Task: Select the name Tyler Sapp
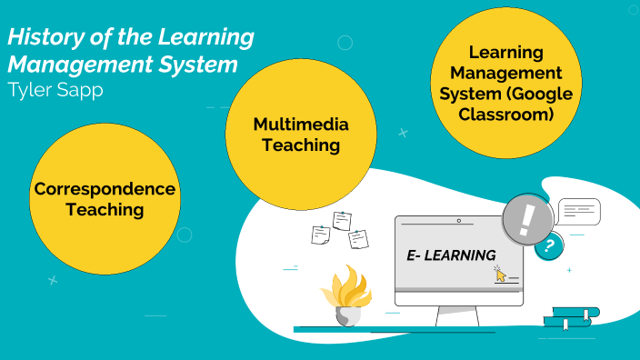tap(54, 90)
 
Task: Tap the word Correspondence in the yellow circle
tap(104, 189)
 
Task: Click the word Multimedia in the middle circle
tap(287, 125)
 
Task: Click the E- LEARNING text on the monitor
tap(451, 255)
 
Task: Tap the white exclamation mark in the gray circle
tap(527, 219)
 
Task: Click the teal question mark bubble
tap(547, 245)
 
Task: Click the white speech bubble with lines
tap(579, 212)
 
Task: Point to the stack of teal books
tap(571, 317)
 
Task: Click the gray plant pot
tap(347, 315)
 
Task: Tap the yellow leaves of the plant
tap(346, 286)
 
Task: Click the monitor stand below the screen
tap(458, 315)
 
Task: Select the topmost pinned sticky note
tap(342, 220)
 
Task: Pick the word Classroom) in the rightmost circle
tap(519, 115)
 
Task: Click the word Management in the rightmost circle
tap(519, 73)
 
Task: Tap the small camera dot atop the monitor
tap(459, 221)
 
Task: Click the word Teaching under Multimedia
tap(287, 145)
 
